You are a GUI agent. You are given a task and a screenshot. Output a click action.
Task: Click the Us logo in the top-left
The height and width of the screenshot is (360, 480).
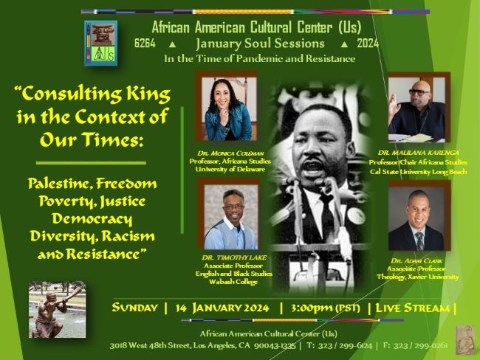[x=100, y=43]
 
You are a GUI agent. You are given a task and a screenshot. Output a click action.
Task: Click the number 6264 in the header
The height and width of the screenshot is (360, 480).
[x=145, y=44]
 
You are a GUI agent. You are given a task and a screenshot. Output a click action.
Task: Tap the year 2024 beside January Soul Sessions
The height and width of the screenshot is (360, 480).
[x=368, y=44]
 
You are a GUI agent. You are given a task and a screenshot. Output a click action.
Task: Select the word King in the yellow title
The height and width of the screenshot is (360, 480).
[x=148, y=94]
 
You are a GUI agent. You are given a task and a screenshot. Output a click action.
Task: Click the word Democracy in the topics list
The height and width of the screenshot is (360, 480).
[x=92, y=219]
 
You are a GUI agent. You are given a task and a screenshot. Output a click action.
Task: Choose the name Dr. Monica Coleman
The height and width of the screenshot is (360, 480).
[x=230, y=153]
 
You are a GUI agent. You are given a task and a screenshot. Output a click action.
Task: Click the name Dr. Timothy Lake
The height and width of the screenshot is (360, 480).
[x=234, y=257]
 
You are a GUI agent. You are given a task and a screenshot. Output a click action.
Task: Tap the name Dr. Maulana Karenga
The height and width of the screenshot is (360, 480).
[x=419, y=153]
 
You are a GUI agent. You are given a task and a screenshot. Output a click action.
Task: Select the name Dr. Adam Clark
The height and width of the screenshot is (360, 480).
[x=416, y=260]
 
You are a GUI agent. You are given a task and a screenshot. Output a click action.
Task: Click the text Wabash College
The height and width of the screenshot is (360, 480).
[x=233, y=282]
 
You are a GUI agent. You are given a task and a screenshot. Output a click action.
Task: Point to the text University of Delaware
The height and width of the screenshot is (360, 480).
[x=230, y=169]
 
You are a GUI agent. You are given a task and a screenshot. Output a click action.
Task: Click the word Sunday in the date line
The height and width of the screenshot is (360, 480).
[x=134, y=308]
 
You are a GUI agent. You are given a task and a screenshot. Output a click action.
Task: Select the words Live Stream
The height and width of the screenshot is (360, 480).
[x=412, y=308]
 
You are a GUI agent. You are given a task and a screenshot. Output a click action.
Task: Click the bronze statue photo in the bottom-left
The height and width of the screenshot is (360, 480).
[x=58, y=310]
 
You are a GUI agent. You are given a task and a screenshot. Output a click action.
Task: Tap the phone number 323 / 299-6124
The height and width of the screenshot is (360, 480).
[x=345, y=346]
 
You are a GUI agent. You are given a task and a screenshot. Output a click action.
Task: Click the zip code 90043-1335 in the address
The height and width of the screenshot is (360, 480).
[x=275, y=346]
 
